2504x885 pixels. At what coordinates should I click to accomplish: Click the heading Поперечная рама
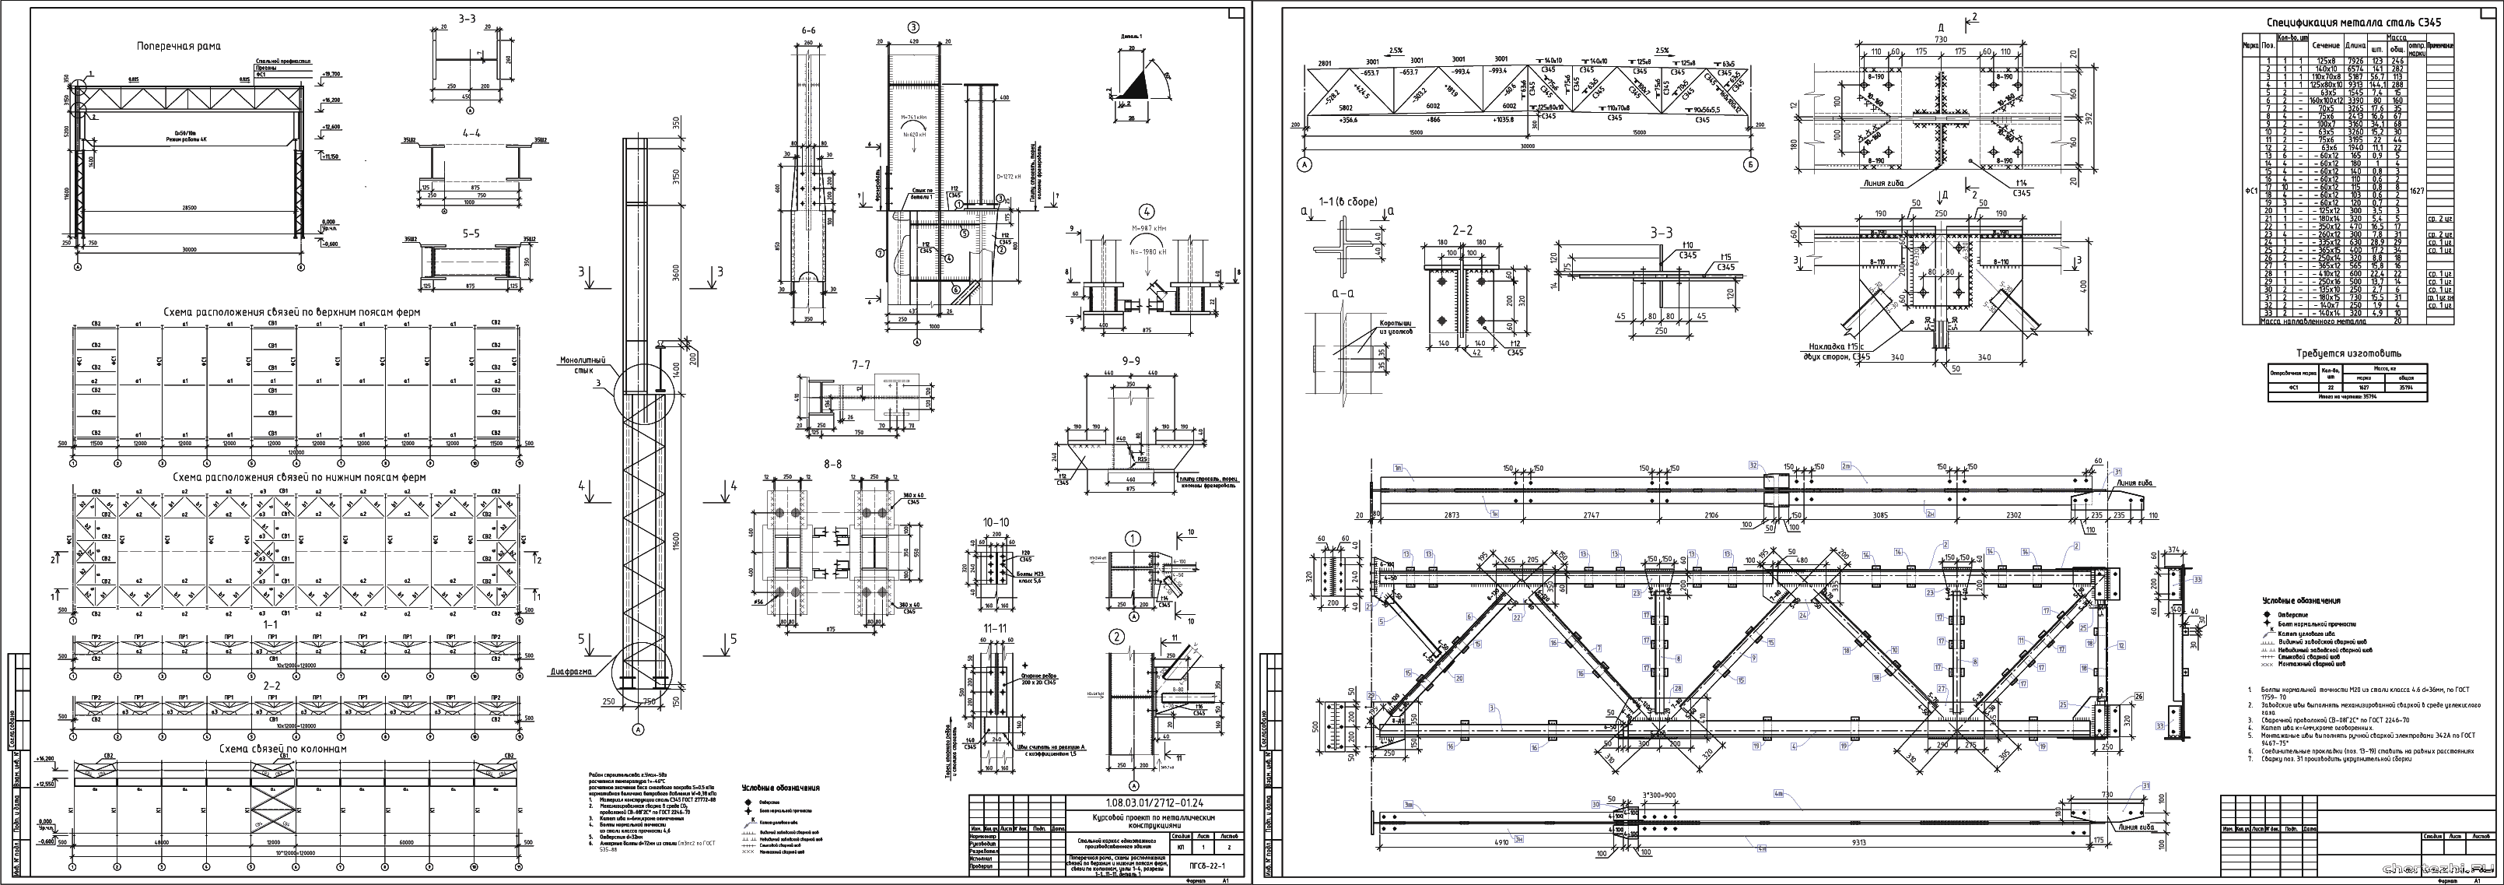tap(178, 46)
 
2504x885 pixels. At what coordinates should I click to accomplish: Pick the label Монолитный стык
tap(584, 365)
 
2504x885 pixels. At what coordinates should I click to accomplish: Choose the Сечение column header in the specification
tap(2318, 44)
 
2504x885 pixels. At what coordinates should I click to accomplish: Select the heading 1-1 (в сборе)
tap(1347, 202)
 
